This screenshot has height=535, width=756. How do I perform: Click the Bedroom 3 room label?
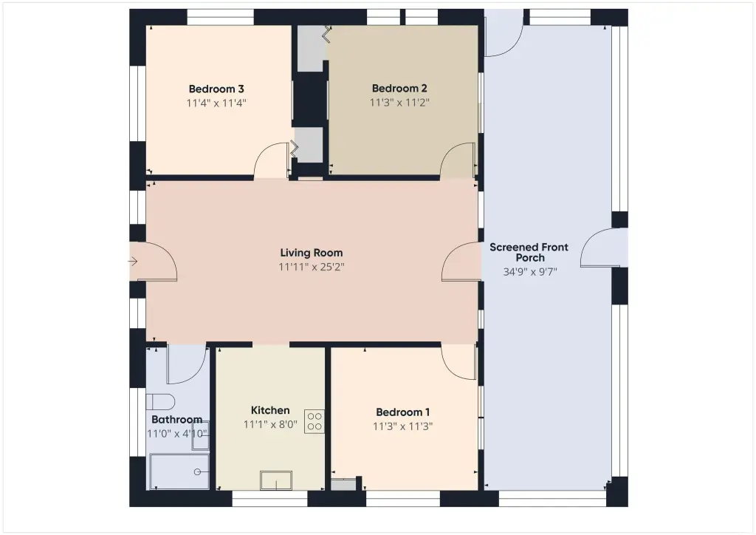216,89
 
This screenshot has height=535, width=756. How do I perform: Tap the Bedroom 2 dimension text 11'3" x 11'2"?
399,102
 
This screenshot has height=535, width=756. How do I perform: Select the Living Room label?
312,253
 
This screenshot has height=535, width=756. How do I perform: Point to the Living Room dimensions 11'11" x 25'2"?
312,267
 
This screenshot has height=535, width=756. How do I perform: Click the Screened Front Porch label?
529,252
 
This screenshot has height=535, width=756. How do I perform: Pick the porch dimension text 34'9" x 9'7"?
530,272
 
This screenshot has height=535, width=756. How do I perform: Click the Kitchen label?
270,411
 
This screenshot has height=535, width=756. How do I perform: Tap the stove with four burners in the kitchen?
315,421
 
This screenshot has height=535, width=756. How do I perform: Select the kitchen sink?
276,480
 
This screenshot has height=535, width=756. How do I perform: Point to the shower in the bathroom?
179,471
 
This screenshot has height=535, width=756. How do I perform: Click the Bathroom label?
177,419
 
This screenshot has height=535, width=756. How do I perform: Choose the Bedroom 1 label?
402,412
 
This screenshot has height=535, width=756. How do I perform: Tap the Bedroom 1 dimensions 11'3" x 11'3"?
402,426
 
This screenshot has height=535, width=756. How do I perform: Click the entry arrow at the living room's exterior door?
133,262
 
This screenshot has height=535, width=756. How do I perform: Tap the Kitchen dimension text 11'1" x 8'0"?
270,425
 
